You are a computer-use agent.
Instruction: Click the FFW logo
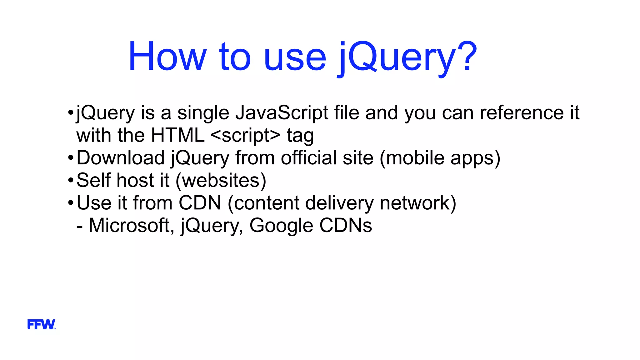pyautogui.click(x=42, y=324)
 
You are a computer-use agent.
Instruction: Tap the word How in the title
pyautogui.click(x=167, y=56)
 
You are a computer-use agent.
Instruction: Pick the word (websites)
pyautogui.click(x=221, y=180)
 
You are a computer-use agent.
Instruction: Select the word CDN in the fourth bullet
pyautogui.click(x=200, y=203)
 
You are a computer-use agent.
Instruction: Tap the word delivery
pyautogui.click(x=339, y=203)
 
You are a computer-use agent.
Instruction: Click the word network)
pyautogui.click(x=418, y=203)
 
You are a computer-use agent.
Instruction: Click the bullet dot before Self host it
pyautogui.click(x=70, y=180)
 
